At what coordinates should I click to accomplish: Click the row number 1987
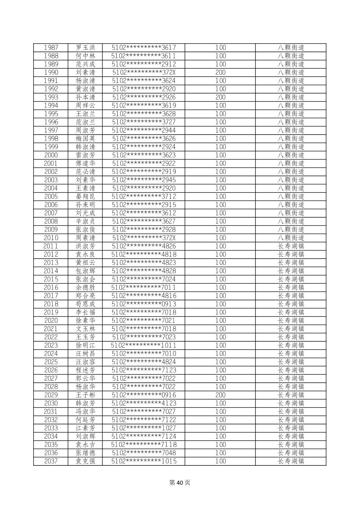pyautogui.click(x=51, y=48)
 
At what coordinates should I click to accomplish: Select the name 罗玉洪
pyautogui.click(x=85, y=48)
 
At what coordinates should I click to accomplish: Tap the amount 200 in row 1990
pyautogui.click(x=220, y=72)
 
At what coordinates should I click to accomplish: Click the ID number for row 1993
pyautogui.click(x=144, y=97)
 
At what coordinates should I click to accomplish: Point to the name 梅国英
pyautogui.click(x=85, y=139)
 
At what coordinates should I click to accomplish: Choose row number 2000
pyautogui.click(x=51, y=155)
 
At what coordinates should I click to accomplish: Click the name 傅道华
pyautogui.click(x=85, y=163)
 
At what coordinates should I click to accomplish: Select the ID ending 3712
pyautogui.click(x=144, y=197)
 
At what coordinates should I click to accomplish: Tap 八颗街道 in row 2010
pyautogui.click(x=291, y=238)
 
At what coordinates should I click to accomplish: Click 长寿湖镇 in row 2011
pyautogui.click(x=291, y=246)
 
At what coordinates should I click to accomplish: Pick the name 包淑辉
pyautogui.click(x=85, y=271)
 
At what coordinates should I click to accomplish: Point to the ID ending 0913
pyautogui.click(x=144, y=304)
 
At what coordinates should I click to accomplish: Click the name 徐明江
pyautogui.click(x=85, y=345)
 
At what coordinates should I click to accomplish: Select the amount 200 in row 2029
pyautogui.click(x=220, y=395)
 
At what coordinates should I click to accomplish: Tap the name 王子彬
pyautogui.click(x=85, y=395)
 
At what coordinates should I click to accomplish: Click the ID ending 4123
pyautogui.click(x=144, y=403)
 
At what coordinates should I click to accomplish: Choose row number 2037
pyautogui.click(x=51, y=461)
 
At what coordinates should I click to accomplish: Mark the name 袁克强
pyautogui.click(x=85, y=461)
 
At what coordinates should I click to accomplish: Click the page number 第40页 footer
pyautogui.click(x=180, y=483)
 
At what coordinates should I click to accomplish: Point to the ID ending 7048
pyautogui.click(x=144, y=453)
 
